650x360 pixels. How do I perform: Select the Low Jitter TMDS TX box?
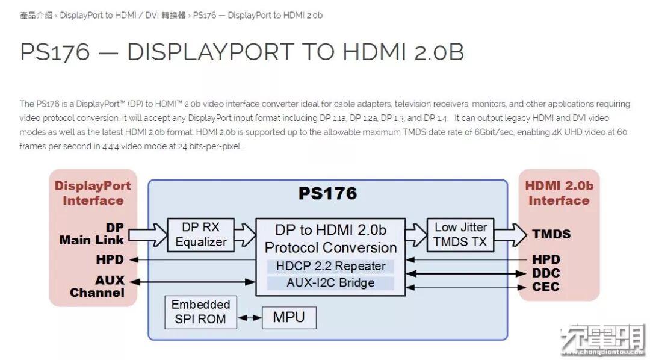[460, 235]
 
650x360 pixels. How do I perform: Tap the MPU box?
[289, 317]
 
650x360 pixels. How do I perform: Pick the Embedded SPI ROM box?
[200, 312]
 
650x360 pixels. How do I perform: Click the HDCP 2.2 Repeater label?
[330, 266]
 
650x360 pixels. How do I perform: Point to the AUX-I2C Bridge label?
[330, 283]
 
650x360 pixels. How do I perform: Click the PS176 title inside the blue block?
[327, 193]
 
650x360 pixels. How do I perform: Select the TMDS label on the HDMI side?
[551, 234]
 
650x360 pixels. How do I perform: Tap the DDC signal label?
[546, 273]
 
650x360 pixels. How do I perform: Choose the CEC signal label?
[546, 287]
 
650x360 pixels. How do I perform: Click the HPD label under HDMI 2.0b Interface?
[546, 259]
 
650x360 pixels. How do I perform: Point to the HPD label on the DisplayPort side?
[110, 259]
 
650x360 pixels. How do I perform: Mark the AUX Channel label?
[97, 287]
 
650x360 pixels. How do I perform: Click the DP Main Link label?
[91, 234]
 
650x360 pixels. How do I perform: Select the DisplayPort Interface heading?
[93, 193]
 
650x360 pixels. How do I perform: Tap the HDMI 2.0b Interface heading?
[559, 193]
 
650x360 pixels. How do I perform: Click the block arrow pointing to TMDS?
[510, 234]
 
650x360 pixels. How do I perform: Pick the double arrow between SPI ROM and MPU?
[250, 318]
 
